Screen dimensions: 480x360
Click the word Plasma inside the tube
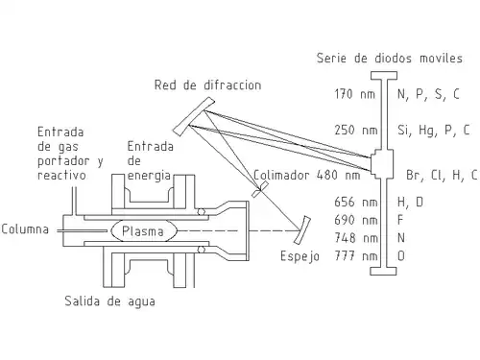coord(143,231)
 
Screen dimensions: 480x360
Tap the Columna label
coord(25,229)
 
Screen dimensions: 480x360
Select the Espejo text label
coord(300,256)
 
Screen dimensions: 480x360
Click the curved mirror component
coord(302,229)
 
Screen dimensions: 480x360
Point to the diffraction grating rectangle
coord(194,116)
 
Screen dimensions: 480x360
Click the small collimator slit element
coord(260,189)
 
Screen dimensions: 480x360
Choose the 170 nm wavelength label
coord(354,94)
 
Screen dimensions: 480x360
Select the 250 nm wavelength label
coord(356,130)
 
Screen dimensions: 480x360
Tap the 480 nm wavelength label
coord(338,175)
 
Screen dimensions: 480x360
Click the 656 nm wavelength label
coord(356,202)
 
